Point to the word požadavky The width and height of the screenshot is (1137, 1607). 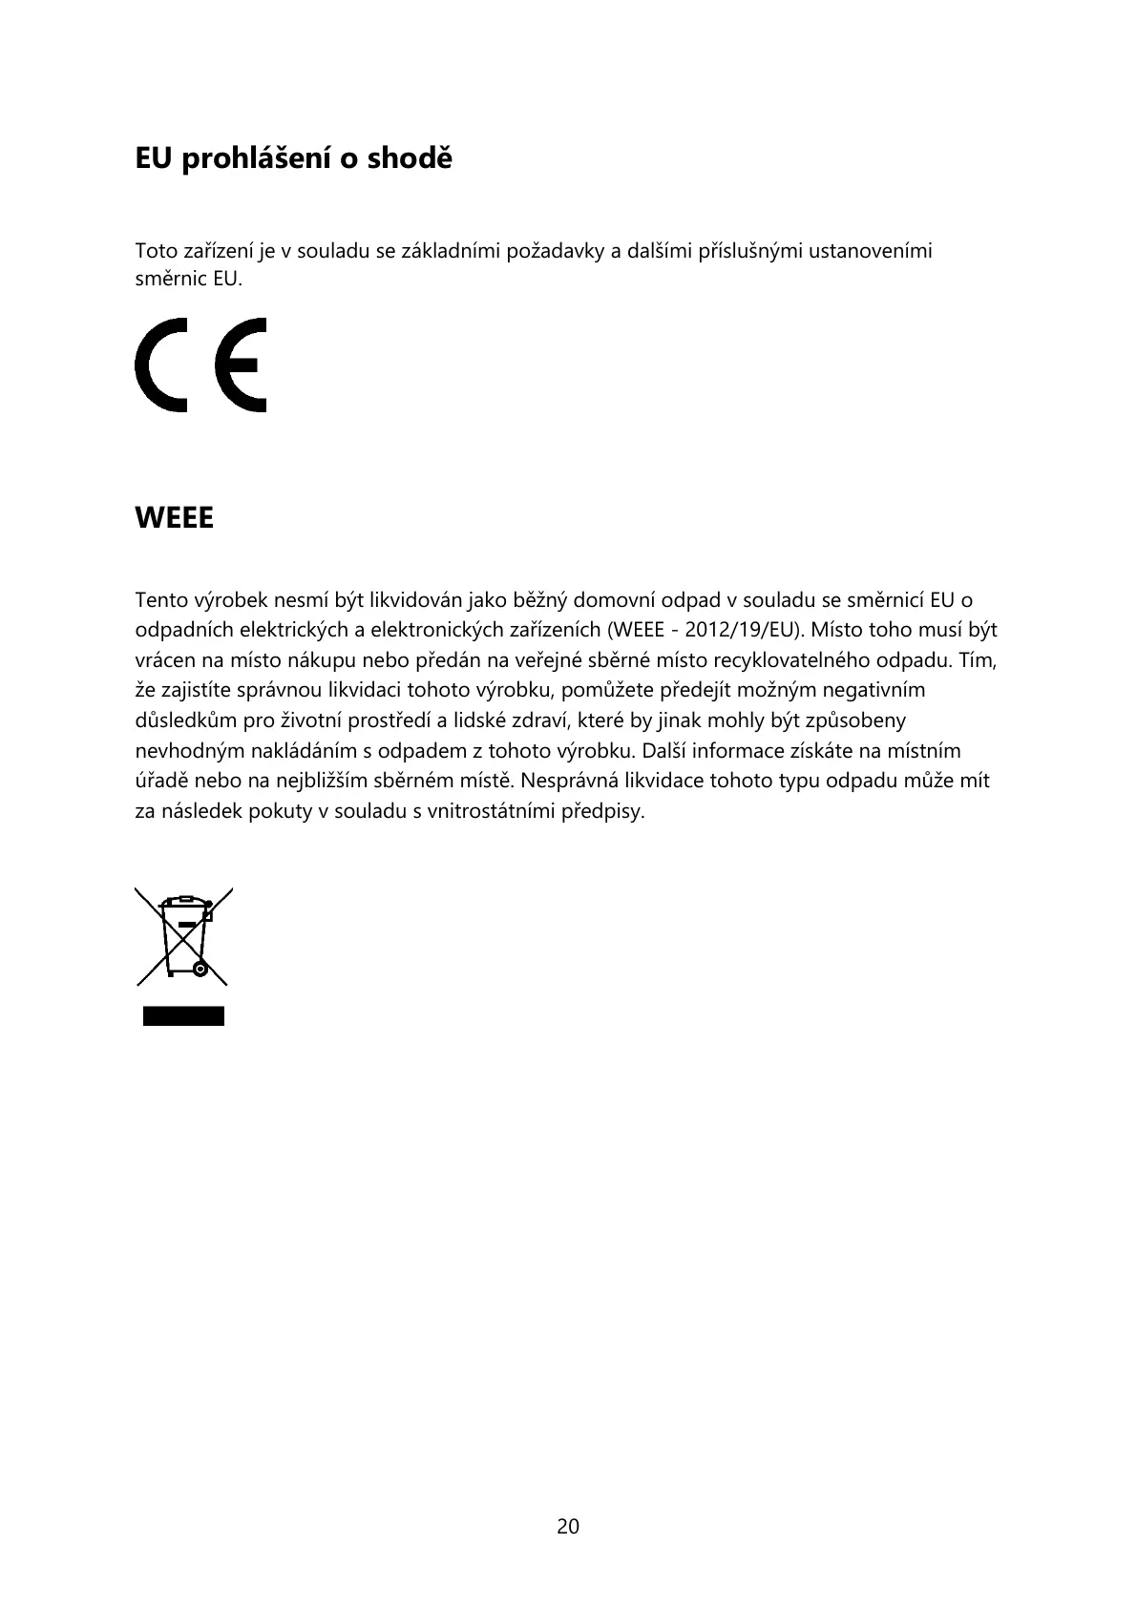pos(554,252)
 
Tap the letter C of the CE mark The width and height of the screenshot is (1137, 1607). pos(163,365)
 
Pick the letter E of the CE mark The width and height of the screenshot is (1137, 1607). pos(242,365)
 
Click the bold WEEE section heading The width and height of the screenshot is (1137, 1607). pos(174,519)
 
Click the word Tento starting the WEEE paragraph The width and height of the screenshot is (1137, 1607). pos(161,601)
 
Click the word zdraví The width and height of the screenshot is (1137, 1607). pos(541,720)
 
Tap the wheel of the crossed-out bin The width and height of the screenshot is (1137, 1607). pos(200,970)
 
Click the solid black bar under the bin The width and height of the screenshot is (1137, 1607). pos(184,1015)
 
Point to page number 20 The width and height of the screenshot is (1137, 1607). pos(568,1527)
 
